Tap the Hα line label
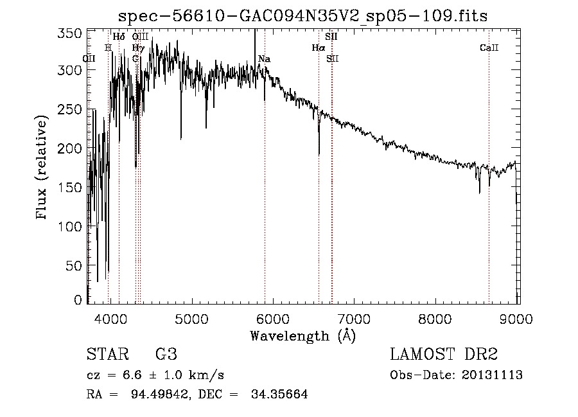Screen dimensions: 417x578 (319, 48)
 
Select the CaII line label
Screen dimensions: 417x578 (489, 48)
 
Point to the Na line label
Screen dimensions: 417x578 (264, 59)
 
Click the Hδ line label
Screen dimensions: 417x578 (119, 37)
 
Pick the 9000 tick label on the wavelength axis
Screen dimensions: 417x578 (518, 318)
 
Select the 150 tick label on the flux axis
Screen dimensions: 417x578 (74, 188)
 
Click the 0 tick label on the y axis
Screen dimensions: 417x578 (78, 299)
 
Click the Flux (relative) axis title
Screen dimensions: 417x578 (43, 168)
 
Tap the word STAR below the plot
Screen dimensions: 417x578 (106, 355)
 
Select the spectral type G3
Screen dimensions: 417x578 (166, 355)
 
